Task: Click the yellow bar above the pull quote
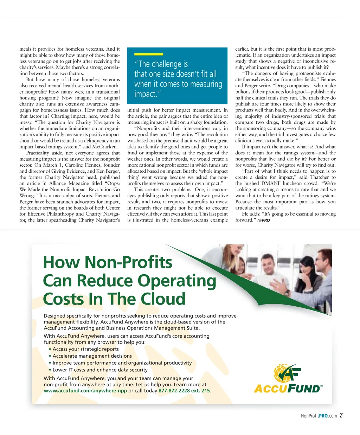149,54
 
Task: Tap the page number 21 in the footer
341,416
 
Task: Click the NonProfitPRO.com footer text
319,416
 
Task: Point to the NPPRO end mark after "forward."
264,220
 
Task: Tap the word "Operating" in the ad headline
177,281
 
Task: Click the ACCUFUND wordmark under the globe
288,389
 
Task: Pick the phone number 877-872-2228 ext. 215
184,391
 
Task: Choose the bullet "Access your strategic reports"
85,349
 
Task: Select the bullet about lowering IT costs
100,370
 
